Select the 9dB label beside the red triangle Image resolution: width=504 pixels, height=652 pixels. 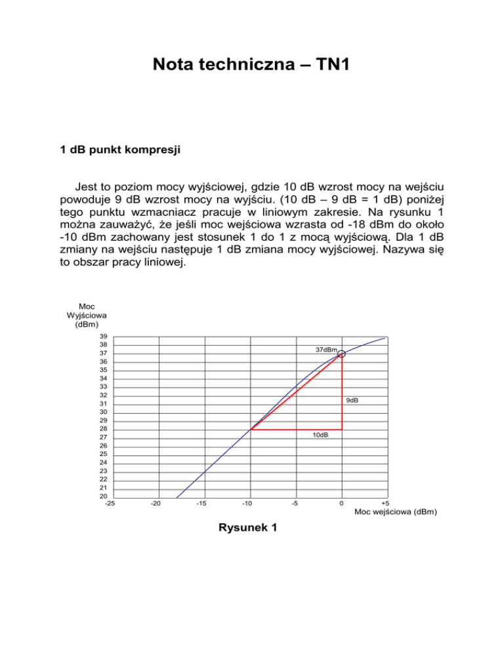(352, 399)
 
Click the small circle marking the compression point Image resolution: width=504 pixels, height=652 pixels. (341, 354)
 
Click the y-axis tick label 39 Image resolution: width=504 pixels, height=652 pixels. (104, 336)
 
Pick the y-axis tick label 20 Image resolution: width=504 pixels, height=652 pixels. (104, 496)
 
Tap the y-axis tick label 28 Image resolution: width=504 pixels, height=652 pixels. (104, 428)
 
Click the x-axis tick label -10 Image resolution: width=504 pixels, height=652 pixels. (247, 504)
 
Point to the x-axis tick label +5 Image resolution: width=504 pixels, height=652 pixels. (385, 504)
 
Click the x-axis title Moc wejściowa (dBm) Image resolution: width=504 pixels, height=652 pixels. (395, 512)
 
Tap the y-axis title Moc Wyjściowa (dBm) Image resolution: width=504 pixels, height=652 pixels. (86, 315)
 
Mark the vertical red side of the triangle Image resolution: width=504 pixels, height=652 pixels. (342, 394)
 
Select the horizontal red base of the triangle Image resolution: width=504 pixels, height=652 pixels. (295, 430)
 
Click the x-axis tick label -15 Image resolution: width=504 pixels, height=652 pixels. (201, 504)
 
